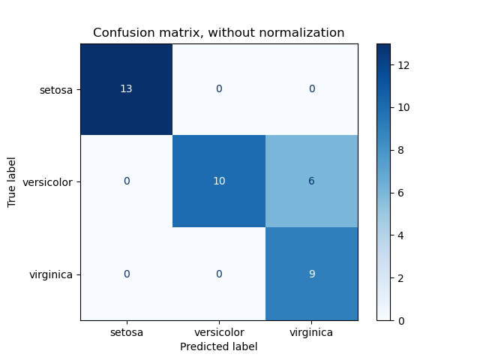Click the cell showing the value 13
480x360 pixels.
pos(127,89)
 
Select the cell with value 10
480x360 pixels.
pos(219,181)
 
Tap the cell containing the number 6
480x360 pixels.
pos(311,181)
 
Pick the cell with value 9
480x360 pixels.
pos(311,274)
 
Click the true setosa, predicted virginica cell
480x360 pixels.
pos(311,89)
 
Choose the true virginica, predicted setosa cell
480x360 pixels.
pos(127,274)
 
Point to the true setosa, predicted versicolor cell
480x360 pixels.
pos(219,89)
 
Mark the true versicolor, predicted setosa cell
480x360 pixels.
pos(127,181)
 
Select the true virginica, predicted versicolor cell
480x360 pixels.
pos(219,274)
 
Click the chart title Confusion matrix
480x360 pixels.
pos(219,33)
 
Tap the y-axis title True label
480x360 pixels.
pos(12,182)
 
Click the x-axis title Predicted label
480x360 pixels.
pos(219,346)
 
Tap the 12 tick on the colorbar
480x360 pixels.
pos(402,65)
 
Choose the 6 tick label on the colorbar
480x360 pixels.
pos(399,193)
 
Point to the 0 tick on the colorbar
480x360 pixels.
pos(399,320)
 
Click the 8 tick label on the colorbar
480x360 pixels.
pos(399,150)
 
